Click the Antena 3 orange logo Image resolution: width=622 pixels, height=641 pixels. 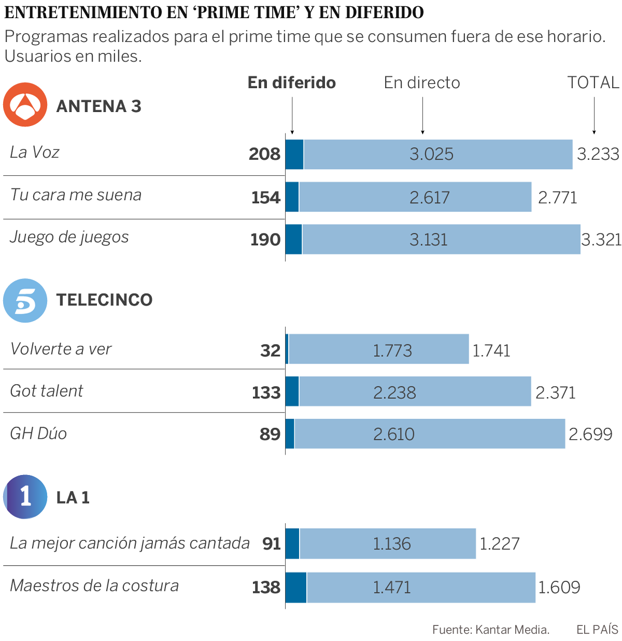pos(25,105)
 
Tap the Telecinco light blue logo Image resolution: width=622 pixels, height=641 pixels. pos(25,300)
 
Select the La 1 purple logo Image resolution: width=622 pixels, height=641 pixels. pos(25,497)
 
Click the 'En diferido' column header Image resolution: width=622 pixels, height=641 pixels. pos(292,82)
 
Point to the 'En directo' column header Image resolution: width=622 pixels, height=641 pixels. pos(422,82)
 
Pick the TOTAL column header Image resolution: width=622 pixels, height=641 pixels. pos(593,82)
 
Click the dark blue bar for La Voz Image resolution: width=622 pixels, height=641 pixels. pos(294,154)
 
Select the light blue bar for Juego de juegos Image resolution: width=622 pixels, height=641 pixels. pos(441,239)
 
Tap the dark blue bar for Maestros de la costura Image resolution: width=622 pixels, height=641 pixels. pos(296,587)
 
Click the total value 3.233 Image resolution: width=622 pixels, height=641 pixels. pos(598,154)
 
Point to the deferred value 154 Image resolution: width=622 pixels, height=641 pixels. pos(266,197)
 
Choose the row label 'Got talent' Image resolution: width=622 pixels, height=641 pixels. pos(47,391)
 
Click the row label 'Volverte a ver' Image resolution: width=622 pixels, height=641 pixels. pos(61,349)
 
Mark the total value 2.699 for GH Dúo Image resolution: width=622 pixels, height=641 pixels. pos(590,434)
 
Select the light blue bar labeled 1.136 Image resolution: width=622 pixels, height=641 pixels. pos(388,544)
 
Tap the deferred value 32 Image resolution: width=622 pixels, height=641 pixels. pos(270,351)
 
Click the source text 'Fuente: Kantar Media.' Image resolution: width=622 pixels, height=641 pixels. pos(491,630)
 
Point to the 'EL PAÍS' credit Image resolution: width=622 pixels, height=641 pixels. pos(597,630)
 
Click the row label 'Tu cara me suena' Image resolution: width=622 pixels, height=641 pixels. pos(76,195)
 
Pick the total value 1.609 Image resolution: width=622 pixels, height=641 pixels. pos(559,587)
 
